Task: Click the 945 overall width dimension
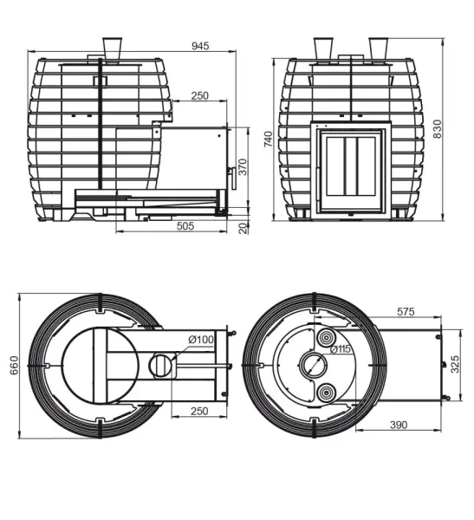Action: (x=200, y=46)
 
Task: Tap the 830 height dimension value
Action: (x=438, y=129)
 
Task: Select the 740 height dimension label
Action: (x=268, y=139)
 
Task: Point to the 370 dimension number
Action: (x=243, y=166)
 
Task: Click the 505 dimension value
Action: (x=185, y=226)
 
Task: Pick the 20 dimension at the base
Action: (x=243, y=229)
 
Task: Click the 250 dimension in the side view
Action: (x=199, y=96)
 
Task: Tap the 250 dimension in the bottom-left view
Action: (x=199, y=411)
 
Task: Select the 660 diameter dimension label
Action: (x=14, y=366)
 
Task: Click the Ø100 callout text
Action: (x=201, y=340)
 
